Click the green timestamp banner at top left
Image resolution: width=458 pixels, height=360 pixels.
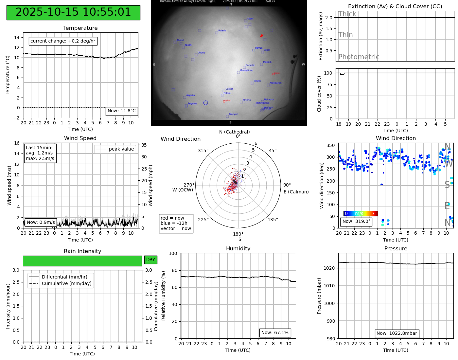point(73,12)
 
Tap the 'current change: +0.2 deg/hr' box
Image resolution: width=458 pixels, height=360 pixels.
point(63,41)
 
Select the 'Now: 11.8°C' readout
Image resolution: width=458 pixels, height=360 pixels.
point(122,111)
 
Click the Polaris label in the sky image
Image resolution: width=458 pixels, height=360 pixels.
point(222,30)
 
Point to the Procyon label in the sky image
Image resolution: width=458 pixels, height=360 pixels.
point(234,114)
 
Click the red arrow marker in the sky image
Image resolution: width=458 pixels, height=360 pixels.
point(261,36)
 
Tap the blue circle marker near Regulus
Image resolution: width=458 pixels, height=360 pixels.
point(205,103)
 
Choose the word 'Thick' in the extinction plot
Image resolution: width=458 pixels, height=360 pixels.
point(347,14)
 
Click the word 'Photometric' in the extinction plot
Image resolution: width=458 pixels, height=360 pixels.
point(359,57)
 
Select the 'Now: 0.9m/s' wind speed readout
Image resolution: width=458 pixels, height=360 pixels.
point(41,222)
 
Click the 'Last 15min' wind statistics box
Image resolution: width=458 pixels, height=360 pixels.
point(40,153)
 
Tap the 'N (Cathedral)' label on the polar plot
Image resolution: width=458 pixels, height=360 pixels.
point(234,132)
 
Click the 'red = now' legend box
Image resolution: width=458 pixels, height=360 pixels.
point(176,223)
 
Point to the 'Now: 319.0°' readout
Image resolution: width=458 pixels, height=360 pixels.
point(356,221)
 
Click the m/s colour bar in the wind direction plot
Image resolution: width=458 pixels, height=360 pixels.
point(361,213)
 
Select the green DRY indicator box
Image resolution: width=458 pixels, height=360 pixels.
point(150,260)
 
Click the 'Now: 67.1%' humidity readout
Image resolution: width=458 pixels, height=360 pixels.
point(275,333)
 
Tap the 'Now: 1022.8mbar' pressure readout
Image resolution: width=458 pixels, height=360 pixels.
point(396,333)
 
